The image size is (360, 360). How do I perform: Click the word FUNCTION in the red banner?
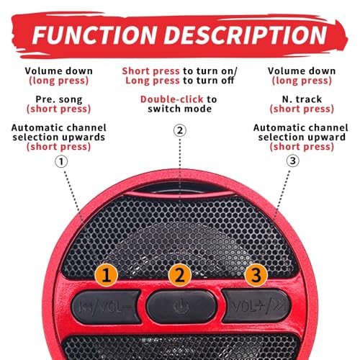click(95, 35)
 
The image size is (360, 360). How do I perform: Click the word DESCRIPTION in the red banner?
click(246, 35)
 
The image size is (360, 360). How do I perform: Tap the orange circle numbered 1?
click(106, 275)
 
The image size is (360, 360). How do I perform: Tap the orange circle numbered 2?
click(180, 275)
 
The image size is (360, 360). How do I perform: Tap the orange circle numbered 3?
click(256, 275)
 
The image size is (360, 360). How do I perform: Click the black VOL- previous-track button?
click(106, 307)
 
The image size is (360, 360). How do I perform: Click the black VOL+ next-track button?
click(256, 306)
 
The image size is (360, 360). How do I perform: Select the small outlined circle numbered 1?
click(61, 161)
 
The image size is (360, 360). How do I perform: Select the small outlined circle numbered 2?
click(180, 130)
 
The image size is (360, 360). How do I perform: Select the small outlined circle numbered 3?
click(293, 161)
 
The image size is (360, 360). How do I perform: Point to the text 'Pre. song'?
click(59, 99)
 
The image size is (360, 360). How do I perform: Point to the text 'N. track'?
click(302, 99)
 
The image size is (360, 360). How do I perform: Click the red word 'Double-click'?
click(172, 99)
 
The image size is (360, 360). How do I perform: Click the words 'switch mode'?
click(180, 109)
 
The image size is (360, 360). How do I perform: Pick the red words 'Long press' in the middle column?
click(153, 81)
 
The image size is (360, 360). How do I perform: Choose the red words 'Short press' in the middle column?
click(150, 71)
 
